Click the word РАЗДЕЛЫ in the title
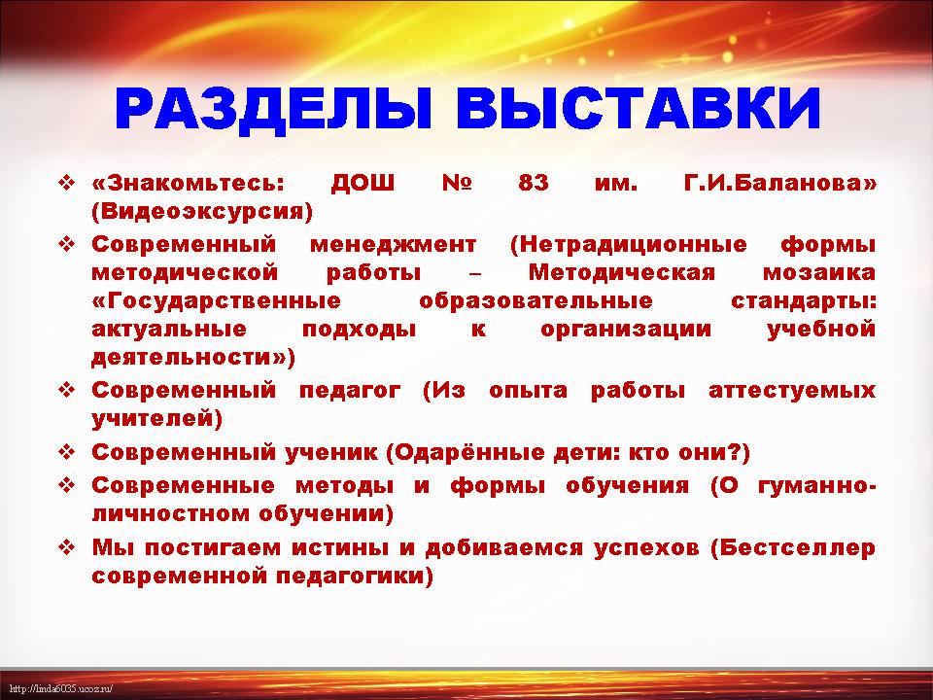click(272, 109)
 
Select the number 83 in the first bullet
click(534, 182)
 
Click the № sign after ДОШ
click(457, 182)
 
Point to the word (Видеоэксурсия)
click(202, 212)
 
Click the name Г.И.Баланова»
click(780, 183)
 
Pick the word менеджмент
click(393, 245)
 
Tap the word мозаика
click(819, 273)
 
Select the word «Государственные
click(217, 301)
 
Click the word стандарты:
click(804, 301)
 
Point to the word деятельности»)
click(193, 358)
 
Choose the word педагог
click(350, 391)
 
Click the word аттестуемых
click(793, 391)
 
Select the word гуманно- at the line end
click(817, 486)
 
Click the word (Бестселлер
click(793, 547)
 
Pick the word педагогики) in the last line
click(378, 577)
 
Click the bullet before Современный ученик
click(66, 453)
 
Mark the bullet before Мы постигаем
click(66, 547)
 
